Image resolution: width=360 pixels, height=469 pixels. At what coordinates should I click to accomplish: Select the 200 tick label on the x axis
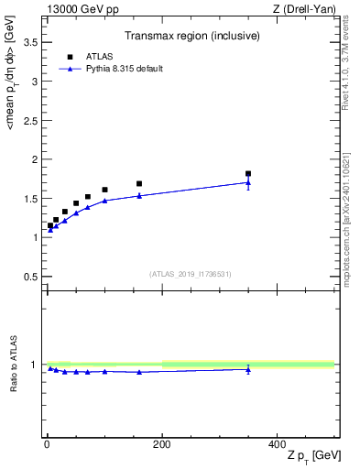[x=161, y=444]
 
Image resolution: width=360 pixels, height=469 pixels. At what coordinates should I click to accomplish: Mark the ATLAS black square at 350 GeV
[x=248, y=173]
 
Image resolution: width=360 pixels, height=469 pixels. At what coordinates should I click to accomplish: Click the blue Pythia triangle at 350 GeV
[x=248, y=182]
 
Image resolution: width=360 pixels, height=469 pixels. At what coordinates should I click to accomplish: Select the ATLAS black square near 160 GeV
[x=139, y=183]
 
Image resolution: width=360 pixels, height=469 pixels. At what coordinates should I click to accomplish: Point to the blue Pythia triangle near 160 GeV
[x=139, y=195]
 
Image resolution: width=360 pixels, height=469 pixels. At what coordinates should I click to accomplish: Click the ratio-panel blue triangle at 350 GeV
[x=248, y=369]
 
